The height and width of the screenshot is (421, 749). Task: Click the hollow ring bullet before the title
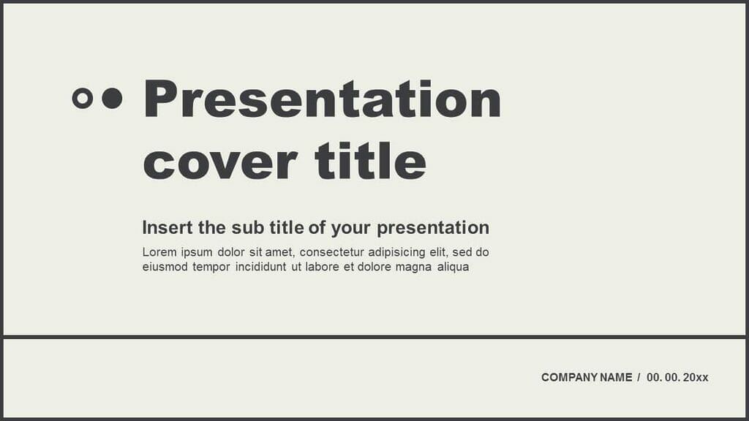[x=83, y=98]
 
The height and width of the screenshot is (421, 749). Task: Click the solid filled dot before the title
[x=112, y=98]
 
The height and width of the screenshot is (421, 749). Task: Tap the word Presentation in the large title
[x=322, y=99]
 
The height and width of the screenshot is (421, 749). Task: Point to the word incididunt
[x=261, y=267]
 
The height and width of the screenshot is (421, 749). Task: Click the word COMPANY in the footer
[x=568, y=378]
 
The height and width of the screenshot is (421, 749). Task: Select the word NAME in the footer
[x=616, y=378]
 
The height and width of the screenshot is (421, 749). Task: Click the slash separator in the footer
[x=639, y=378]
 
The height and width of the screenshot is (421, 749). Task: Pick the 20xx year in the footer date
[x=697, y=378]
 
